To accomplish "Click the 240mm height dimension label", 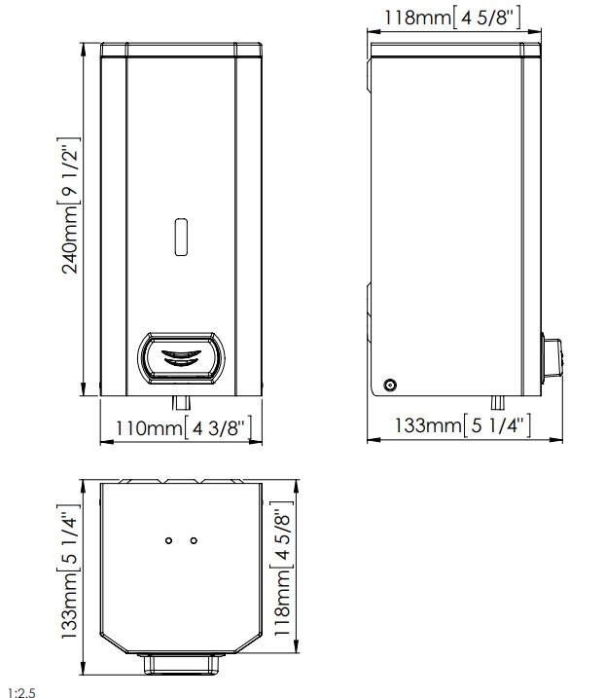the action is pos(69,205).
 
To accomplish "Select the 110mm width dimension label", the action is pos(183,427).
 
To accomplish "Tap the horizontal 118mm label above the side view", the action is pos(452,18).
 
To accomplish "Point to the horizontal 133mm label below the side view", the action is pos(463,424).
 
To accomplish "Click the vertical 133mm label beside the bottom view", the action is pos(69,571).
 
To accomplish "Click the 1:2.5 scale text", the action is pos(21,693).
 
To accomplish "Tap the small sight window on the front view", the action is pos(181,237).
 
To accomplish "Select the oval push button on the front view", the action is pos(181,357).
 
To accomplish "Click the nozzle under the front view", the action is pos(181,402).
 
